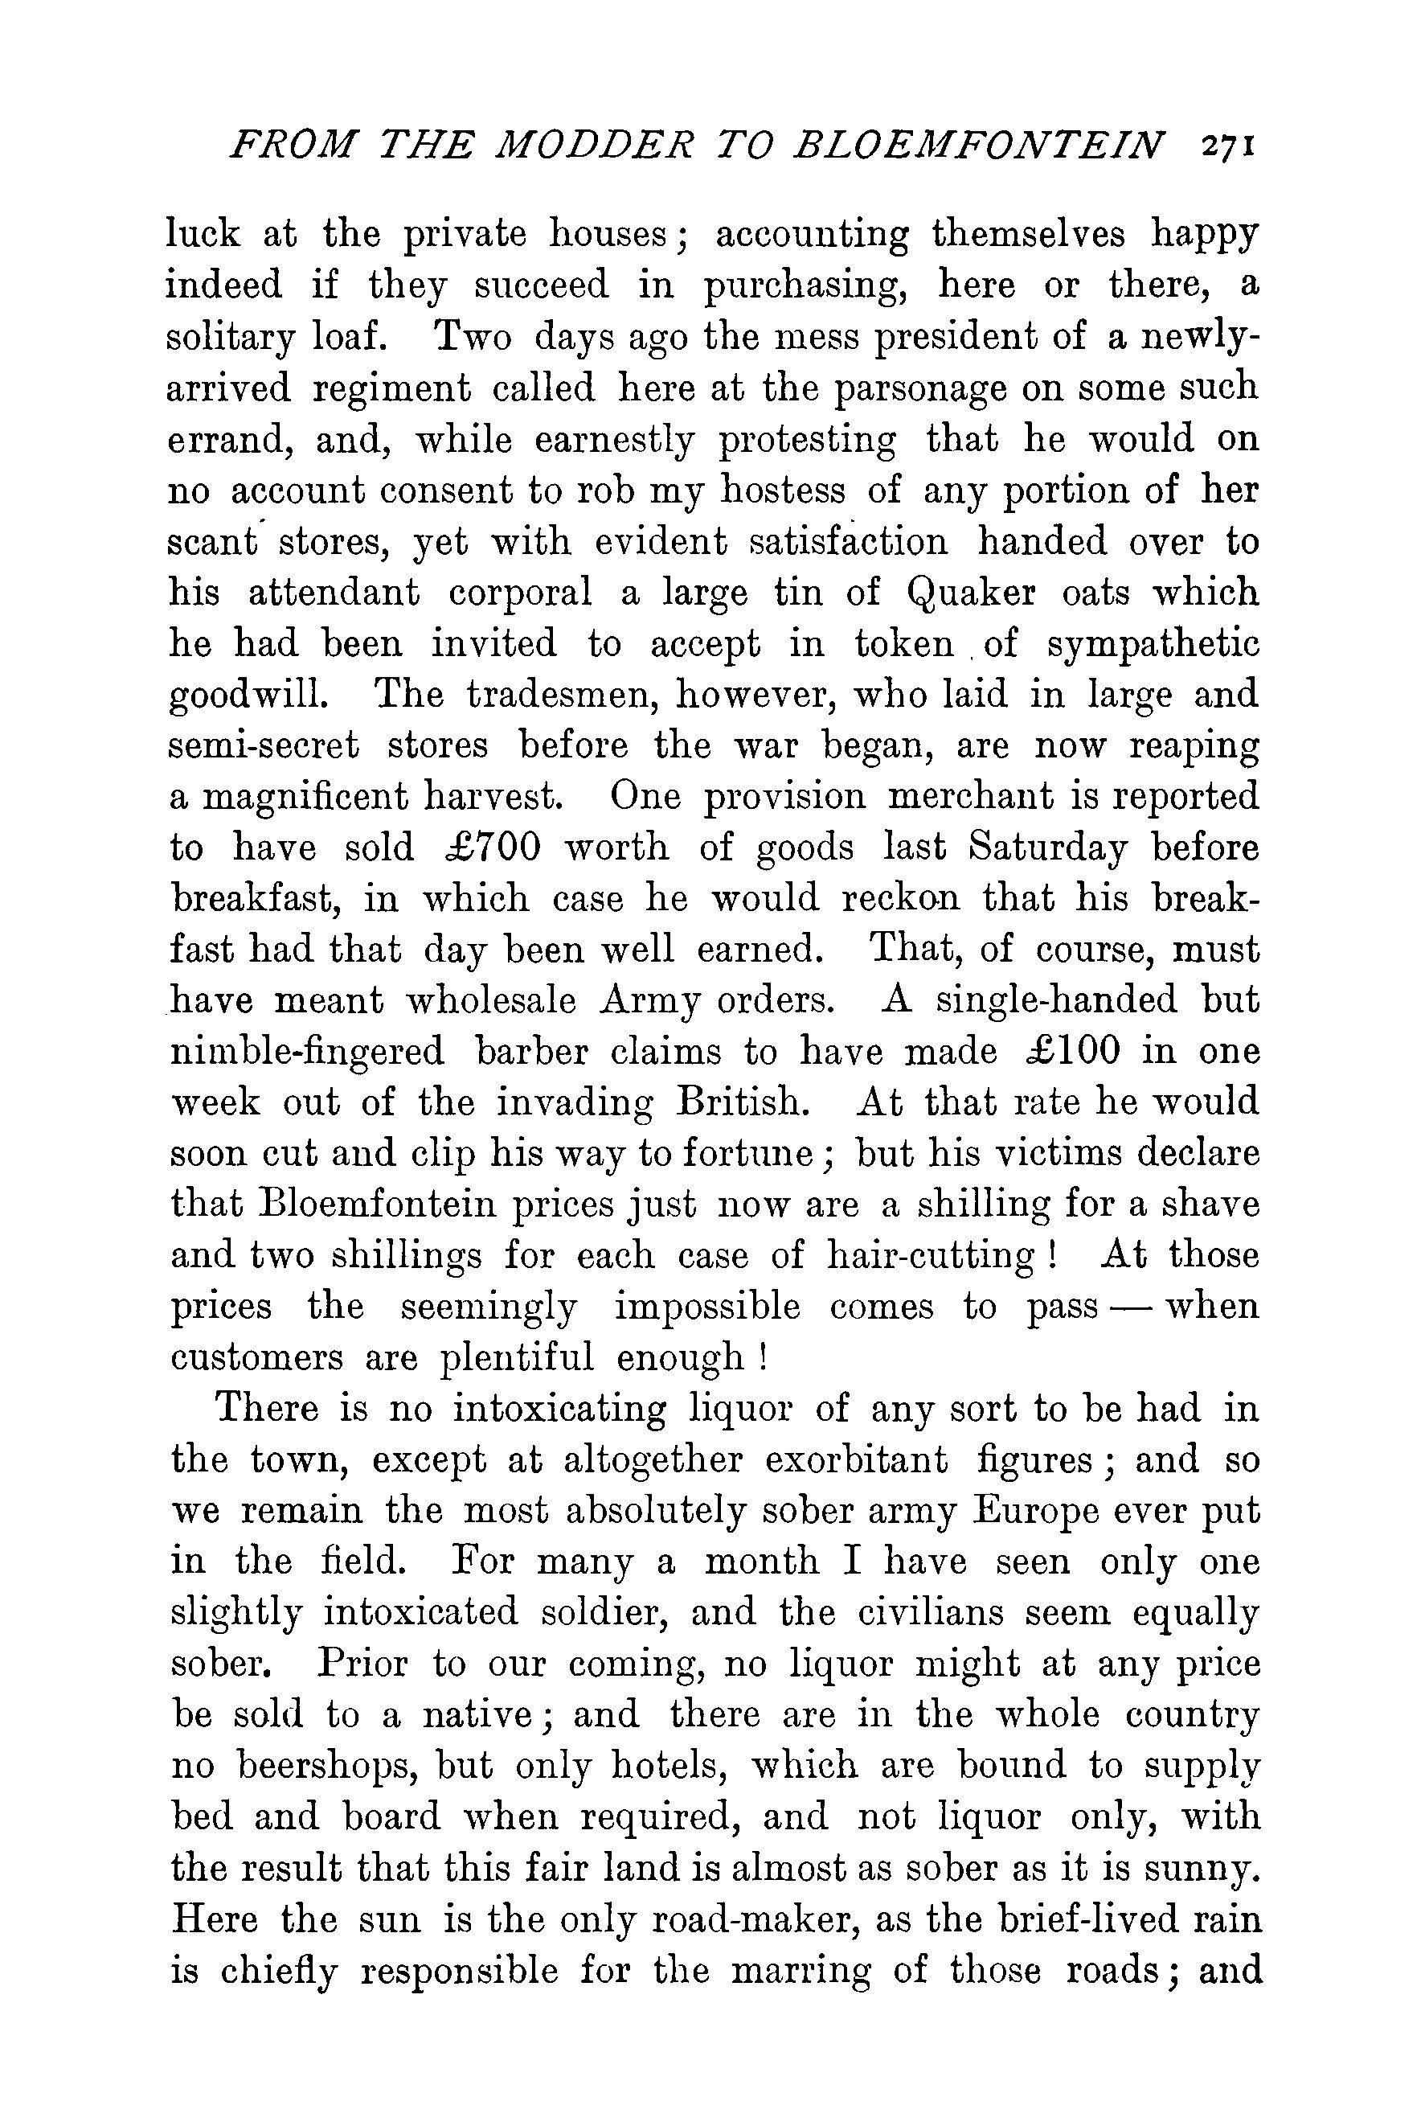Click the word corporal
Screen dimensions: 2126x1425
pos(520,593)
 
